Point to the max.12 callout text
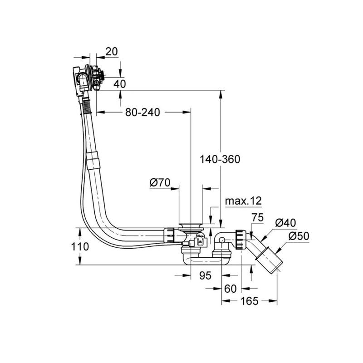point(243,201)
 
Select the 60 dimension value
point(231,288)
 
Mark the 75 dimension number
point(258,217)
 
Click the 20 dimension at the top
point(111,51)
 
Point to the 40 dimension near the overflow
point(120,84)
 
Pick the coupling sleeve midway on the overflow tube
point(93,161)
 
